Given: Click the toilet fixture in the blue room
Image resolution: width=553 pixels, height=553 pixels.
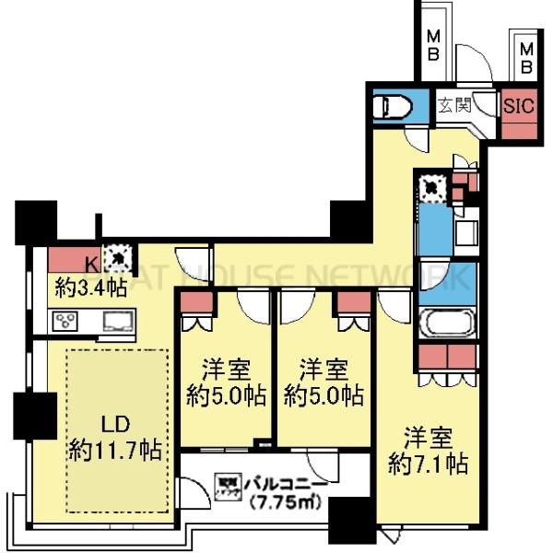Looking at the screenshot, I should coord(391,107).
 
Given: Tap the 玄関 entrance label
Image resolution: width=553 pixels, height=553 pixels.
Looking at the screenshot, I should coord(452,103).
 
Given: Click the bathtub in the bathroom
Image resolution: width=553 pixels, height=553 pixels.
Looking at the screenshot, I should coord(446,324).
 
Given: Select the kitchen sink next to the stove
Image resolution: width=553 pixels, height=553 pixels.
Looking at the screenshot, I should coord(117,322).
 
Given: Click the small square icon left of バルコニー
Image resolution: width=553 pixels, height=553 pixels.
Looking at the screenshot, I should coord(226,483).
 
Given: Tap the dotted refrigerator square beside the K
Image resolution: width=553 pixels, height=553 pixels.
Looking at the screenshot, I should coord(118,257).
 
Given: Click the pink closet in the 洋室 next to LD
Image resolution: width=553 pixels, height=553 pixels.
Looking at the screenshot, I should coord(195,304).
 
